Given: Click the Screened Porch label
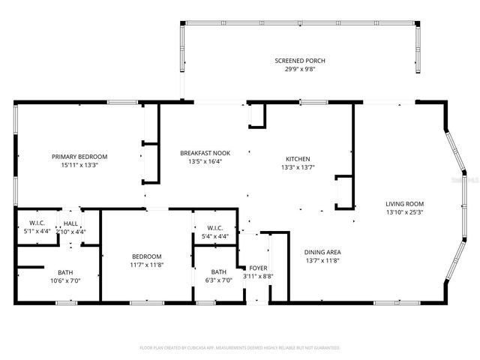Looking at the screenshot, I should (300, 61).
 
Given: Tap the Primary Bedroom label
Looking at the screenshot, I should (79, 157).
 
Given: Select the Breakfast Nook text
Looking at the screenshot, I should (205, 153).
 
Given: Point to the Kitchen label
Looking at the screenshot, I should (298, 159).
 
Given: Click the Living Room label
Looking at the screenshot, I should (405, 203).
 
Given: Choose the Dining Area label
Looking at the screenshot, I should (322, 252).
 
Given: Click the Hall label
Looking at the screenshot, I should (71, 223).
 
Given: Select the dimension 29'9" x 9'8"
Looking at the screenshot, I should (300, 69).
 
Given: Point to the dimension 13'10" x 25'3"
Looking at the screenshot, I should (405, 211).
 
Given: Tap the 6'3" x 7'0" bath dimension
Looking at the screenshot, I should (218, 280).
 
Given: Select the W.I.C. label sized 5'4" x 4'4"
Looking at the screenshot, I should (215, 229).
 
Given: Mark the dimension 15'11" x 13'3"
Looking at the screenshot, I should (79, 165).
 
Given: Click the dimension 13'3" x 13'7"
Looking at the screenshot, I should (298, 167).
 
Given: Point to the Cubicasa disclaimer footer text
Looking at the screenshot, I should (240, 348).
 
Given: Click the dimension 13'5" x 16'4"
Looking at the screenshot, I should (205, 161).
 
